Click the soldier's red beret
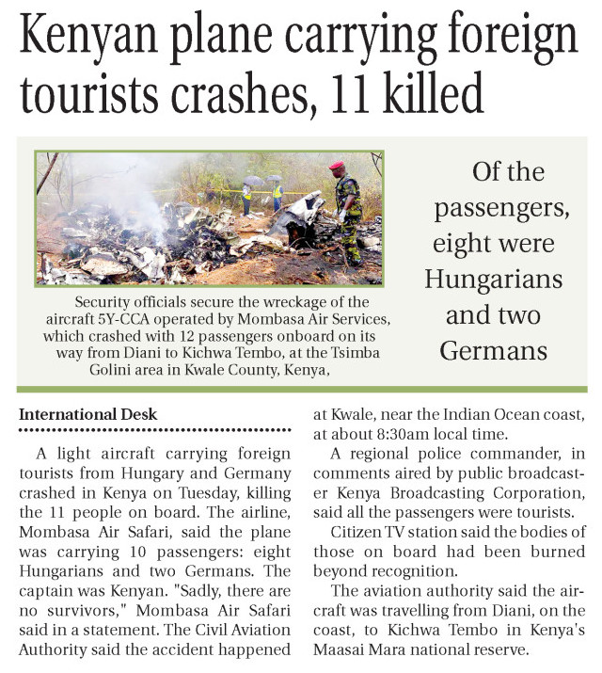[337, 167]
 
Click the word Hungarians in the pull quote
[493, 280]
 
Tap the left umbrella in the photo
[253, 181]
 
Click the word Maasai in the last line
[349, 649]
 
